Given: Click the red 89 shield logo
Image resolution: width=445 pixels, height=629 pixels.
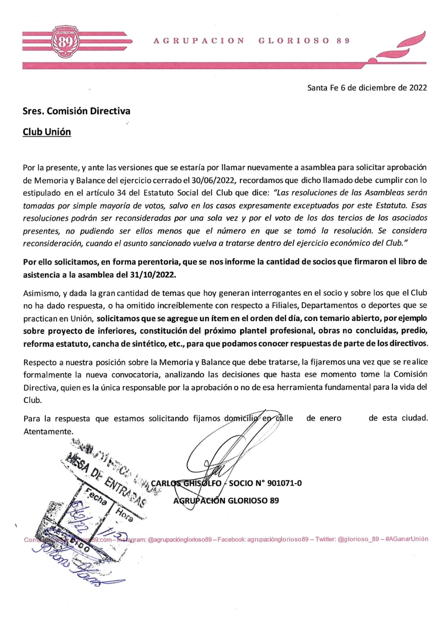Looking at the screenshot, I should click(66, 41).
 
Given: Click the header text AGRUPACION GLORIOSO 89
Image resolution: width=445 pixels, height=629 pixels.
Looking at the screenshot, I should click(251, 41).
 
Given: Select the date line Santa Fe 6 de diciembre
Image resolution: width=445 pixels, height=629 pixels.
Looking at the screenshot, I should click(367, 88).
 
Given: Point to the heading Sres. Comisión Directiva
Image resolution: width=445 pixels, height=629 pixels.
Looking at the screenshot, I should click(76, 111).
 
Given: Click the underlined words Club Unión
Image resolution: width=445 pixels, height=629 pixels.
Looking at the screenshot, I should click(47, 132).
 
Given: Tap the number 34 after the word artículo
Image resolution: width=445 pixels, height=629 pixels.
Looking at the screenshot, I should click(121, 193).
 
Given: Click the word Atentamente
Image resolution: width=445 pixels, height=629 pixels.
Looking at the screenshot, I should click(48, 432).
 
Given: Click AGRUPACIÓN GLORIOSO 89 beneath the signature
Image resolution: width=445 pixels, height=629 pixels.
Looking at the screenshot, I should click(226, 501).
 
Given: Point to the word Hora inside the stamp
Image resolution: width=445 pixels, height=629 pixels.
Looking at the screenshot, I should click(124, 514).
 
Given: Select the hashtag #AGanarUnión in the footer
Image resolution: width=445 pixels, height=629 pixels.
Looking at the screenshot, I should click(407, 539).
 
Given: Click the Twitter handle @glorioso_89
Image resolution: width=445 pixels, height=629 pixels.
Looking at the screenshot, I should click(358, 539).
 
